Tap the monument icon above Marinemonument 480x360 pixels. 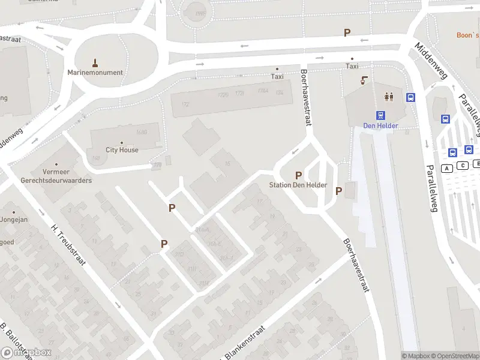(x=95, y=62)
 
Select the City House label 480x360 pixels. (x=122, y=150)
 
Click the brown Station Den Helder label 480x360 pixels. (x=298, y=185)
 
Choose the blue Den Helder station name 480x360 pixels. (x=380, y=126)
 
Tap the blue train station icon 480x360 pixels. (x=380, y=116)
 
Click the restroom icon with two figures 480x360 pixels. (x=389, y=96)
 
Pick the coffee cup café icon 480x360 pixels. (x=364, y=80)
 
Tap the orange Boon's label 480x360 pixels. (x=467, y=35)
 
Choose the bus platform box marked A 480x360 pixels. (x=446, y=169)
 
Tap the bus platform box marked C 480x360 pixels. (x=463, y=166)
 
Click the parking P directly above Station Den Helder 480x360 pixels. (x=298, y=175)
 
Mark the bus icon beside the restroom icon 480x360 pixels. (x=411, y=97)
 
